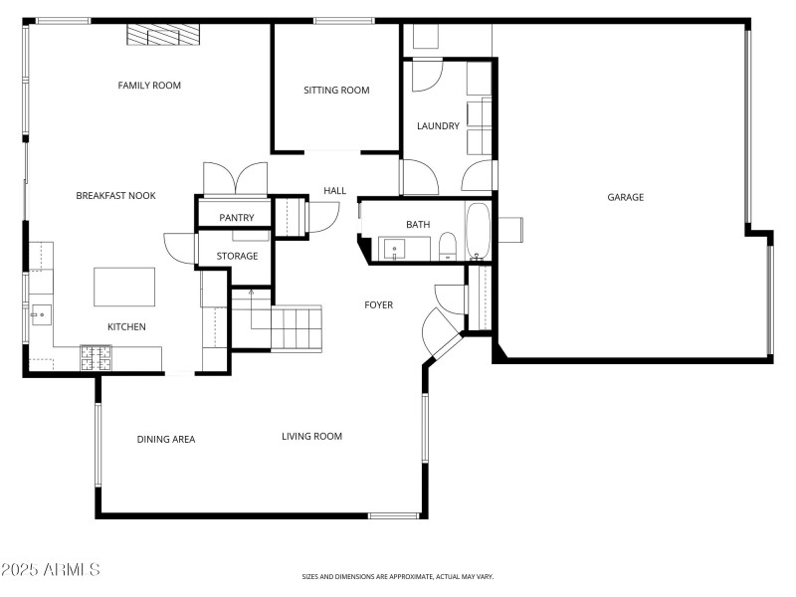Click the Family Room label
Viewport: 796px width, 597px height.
coord(149,86)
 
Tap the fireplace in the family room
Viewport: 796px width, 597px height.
coord(163,35)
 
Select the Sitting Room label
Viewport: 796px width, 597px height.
coord(336,91)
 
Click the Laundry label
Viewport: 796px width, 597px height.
coord(438,126)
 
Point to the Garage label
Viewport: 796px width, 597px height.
coord(626,197)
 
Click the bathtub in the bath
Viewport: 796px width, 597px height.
coord(478,230)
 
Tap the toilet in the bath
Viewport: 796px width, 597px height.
coord(448,245)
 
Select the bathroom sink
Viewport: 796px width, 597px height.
coord(395,249)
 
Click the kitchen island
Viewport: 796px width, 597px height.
coord(125,287)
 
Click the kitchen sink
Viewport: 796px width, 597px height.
coord(41,316)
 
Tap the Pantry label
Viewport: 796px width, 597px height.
coord(237,218)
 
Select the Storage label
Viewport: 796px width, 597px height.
coord(238,256)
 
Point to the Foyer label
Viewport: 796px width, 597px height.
coord(378,304)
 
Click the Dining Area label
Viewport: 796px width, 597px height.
coord(166,439)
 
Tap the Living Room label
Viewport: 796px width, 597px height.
coord(311,436)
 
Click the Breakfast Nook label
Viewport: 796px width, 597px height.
coord(115,196)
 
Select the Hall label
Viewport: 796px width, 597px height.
coord(334,191)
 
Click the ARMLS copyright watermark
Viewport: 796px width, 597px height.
coord(51,570)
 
